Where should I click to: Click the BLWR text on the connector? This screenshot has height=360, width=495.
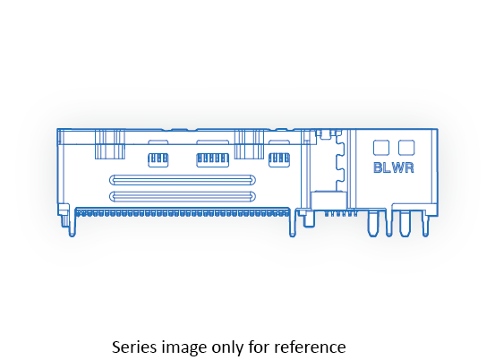pos(393,167)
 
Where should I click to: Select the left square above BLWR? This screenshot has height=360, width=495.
pos(381,148)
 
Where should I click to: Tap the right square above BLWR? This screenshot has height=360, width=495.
pos(406,148)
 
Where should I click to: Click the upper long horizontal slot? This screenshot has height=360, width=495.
pos(183,180)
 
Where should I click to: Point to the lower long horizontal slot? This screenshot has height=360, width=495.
pos(183,196)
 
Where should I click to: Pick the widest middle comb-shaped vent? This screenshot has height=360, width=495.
pos(212,160)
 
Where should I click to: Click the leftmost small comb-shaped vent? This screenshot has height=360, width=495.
pos(158,160)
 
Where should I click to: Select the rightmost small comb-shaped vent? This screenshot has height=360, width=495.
pos(279,160)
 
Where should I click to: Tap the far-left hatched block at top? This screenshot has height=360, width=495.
pos(110,144)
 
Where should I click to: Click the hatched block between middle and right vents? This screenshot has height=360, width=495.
pos(249,144)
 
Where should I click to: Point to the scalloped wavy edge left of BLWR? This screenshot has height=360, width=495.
pos(339,163)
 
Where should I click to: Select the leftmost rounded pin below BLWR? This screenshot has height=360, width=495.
pos(373,224)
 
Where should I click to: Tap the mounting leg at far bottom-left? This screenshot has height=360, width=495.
pos(73,222)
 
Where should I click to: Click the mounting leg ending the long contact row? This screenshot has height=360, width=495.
pos(293,223)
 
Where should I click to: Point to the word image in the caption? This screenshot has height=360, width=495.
pos(184,348)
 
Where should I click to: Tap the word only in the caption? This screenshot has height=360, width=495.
pos(227,348)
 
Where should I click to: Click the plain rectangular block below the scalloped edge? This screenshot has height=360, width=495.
pos(329,200)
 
